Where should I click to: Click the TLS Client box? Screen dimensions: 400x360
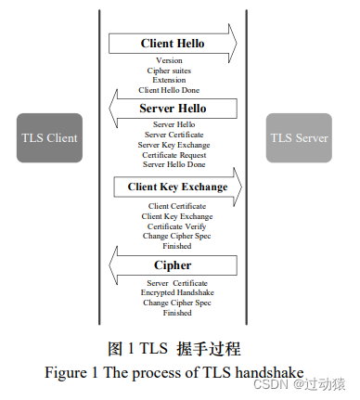click(49, 138)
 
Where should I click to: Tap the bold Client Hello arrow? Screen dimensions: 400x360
click(173, 44)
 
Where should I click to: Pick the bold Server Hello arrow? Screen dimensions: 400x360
click(173, 109)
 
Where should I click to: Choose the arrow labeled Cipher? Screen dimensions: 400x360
click(173, 265)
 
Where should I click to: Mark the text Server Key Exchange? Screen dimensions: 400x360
click(174, 144)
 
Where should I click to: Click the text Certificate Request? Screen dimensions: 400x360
click(174, 154)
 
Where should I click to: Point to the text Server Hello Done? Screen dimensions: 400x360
click(174, 164)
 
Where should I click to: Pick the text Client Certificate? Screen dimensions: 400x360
click(176, 206)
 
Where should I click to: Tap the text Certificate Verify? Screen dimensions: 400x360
click(176, 226)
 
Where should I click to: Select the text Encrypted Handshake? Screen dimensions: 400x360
click(177, 293)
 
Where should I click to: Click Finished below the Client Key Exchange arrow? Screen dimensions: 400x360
click(176, 246)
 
